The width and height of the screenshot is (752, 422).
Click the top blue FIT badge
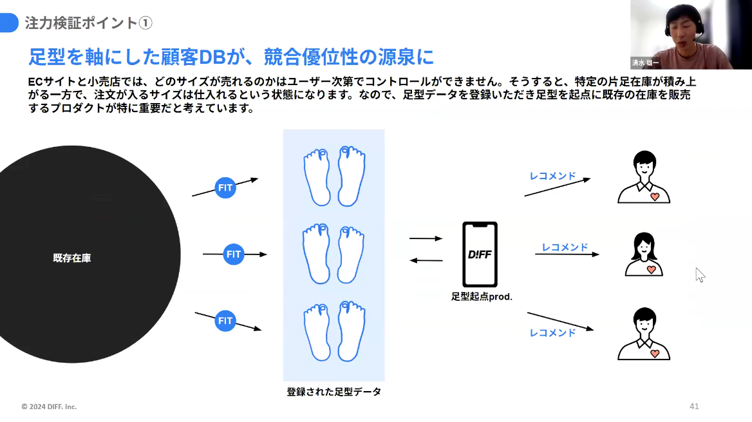(225, 188)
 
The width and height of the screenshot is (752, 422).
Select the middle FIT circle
(234, 254)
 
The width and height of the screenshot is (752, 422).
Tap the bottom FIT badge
(225, 320)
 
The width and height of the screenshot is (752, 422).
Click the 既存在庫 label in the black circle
(71, 258)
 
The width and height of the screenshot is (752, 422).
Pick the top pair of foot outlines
(334, 177)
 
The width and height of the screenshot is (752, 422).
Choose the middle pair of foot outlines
(334, 254)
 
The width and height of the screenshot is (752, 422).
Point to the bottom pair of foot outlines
(334, 331)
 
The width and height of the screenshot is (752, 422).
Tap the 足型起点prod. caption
(482, 297)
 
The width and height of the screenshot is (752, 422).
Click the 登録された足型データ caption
(334, 391)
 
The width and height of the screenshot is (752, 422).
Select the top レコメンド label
(552, 175)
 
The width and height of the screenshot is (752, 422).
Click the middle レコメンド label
(565, 247)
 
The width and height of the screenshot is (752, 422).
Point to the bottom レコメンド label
(552, 332)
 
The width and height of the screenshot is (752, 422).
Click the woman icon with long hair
(644, 254)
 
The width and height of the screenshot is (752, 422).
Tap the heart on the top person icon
(654, 196)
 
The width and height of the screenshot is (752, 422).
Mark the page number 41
(694, 407)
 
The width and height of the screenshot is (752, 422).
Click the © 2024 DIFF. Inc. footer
(49, 407)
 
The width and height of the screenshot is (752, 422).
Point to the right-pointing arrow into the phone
(426, 238)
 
